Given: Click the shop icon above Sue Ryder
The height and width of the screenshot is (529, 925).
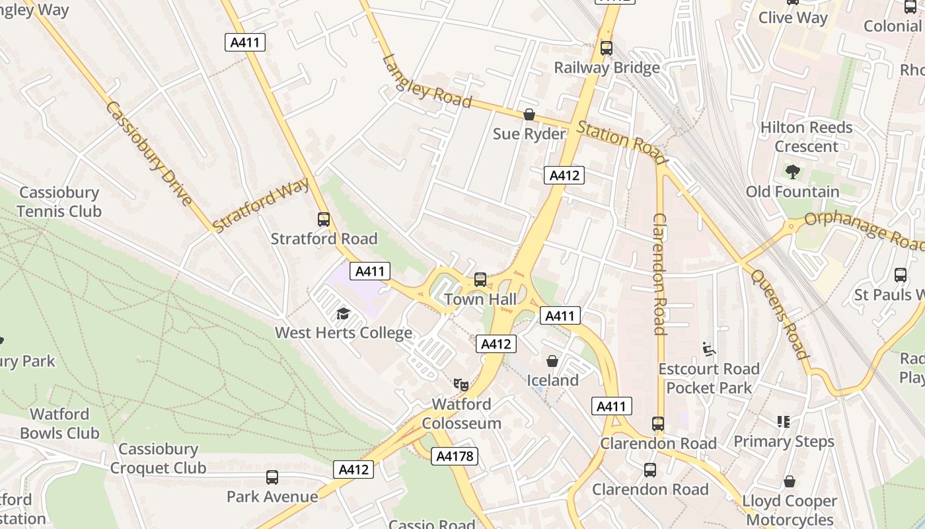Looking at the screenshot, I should tap(529, 115).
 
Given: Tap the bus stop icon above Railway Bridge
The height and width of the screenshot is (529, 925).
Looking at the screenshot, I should tap(606, 48).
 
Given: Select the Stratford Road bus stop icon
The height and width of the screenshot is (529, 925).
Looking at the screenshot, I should tap(324, 220).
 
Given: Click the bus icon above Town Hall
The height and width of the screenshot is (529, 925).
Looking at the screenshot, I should tap(480, 280).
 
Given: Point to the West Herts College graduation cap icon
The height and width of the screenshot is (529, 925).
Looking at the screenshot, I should tap(343, 313).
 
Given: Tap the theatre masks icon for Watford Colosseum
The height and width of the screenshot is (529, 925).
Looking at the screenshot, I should tap(461, 384).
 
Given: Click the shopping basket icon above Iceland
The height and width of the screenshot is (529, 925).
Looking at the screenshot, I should tap(552, 361).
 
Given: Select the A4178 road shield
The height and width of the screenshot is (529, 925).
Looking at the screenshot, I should tap(455, 456).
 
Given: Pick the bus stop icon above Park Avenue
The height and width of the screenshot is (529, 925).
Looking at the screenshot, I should tap(272, 477).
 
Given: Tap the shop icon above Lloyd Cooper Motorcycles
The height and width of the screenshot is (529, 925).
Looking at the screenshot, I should tap(790, 481).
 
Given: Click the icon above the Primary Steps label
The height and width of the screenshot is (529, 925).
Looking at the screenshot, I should tap(784, 421).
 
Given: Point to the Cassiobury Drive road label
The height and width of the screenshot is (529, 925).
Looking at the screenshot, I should tap(149, 153).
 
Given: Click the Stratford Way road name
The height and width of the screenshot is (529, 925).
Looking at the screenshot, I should tap(261, 205).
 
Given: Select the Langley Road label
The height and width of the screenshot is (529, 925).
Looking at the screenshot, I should tap(427, 81).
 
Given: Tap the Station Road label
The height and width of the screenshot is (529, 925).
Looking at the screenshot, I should tap(621, 142).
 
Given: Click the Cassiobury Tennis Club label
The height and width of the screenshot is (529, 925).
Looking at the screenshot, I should tap(59, 202).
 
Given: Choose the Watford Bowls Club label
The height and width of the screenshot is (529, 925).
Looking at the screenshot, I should tap(59, 424).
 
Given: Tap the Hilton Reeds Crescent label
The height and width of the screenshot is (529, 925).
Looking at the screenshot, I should tap(806, 137).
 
